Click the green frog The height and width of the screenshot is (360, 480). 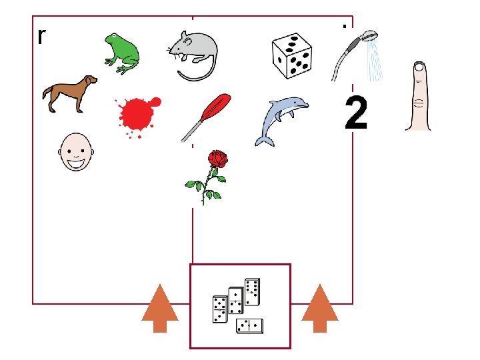pos(122,53)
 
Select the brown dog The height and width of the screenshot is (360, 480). pos(70,93)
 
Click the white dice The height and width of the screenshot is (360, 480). pos(292,56)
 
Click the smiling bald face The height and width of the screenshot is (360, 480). pos(76,151)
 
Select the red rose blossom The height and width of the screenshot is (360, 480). pos(218,159)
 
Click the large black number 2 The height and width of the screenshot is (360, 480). pos(356,113)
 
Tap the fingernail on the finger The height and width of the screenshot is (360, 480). pos(420,67)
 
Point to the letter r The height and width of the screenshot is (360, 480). pos(41,37)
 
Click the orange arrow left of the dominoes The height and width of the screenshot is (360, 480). pos(160,309)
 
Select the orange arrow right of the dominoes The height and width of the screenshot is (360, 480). pos(320,309)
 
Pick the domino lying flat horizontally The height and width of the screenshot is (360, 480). pos(249,326)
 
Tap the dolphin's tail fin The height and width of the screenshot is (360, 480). pos(265,141)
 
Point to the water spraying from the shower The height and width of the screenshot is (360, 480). pos(375,61)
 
